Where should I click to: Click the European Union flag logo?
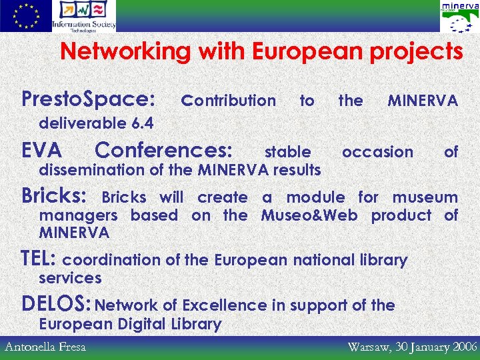[x=25, y=16]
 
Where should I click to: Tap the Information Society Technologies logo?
[x=84, y=16]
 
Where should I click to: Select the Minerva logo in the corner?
[x=459, y=17]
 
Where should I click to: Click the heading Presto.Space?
[x=88, y=100]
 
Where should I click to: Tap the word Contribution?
[x=229, y=101]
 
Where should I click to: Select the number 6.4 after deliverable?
[x=142, y=123]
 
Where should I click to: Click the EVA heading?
[x=42, y=149]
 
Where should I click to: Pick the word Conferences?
[x=164, y=149]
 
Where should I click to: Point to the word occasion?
[x=377, y=152]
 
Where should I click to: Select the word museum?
[x=425, y=197]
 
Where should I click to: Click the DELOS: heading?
[x=57, y=304]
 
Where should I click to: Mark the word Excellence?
[x=224, y=305]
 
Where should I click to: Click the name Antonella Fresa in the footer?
[x=46, y=347]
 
